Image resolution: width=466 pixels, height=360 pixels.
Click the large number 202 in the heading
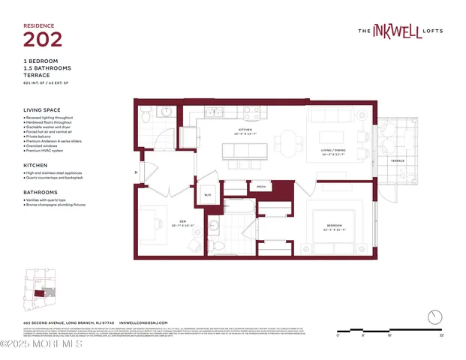(42, 38)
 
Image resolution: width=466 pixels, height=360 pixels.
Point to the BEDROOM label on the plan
(334, 225)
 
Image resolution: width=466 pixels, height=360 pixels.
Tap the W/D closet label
(208, 194)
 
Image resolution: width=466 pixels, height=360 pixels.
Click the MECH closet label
(261, 186)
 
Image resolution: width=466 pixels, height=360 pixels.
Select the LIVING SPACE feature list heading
(44, 109)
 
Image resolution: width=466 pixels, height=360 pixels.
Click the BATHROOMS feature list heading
(40, 191)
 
